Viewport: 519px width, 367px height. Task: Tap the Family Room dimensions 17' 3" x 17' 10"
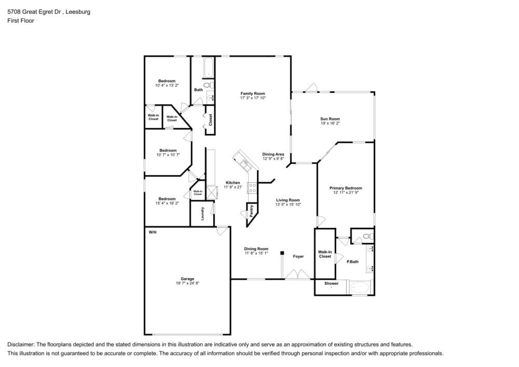252,98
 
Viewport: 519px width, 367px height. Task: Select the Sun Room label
330,119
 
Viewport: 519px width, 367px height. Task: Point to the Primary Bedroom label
346,188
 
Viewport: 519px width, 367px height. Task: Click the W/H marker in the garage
153,232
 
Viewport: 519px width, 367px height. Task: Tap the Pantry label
251,210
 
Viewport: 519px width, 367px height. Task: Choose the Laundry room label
202,213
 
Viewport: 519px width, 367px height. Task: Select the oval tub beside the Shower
360,287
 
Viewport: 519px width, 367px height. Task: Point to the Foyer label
298,256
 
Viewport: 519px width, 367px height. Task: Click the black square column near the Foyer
282,253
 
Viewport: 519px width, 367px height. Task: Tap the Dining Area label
273,154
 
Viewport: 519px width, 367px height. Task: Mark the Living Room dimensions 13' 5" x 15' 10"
288,205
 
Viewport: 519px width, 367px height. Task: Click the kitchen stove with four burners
252,187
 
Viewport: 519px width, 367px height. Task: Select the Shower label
331,283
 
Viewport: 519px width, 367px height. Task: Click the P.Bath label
352,262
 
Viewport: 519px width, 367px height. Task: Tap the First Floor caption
21,21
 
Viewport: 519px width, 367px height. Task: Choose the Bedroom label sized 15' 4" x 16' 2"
167,199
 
